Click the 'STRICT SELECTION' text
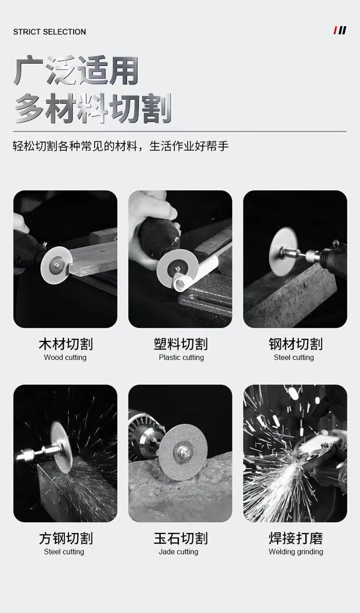[49, 32]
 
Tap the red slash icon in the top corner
[335, 30]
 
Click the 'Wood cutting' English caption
[65, 358]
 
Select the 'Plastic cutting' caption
[181, 358]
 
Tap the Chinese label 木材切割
[66, 344]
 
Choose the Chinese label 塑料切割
[180, 344]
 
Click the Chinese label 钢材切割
[296, 344]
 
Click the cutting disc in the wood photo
[56, 265]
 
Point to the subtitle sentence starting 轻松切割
[120, 146]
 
